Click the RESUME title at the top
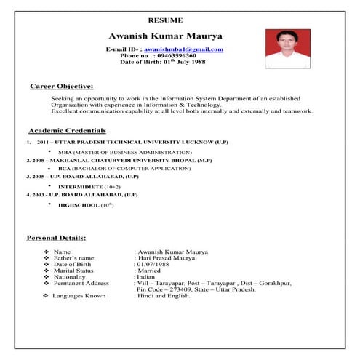[165, 19]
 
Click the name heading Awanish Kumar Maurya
[165, 36]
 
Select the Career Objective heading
[61, 86]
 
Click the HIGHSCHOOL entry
[82, 206]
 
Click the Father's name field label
[73, 257]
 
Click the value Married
[148, 271]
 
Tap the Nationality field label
[71, 277]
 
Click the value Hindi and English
[163, 296]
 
